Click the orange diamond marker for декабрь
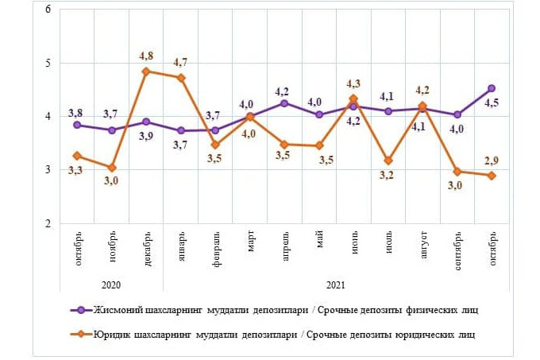click(x=146, y=72)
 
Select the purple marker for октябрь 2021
click(x=492, y=88)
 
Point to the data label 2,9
click(x=492, y=161)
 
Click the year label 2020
click(x=111, y=285)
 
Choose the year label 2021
click(x=335, y=285)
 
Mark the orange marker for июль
click(x=388, y=161)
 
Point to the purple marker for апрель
click(x=284, y=103)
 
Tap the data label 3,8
click(x=75, y=110)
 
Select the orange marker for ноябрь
click(x=112, y=168)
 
